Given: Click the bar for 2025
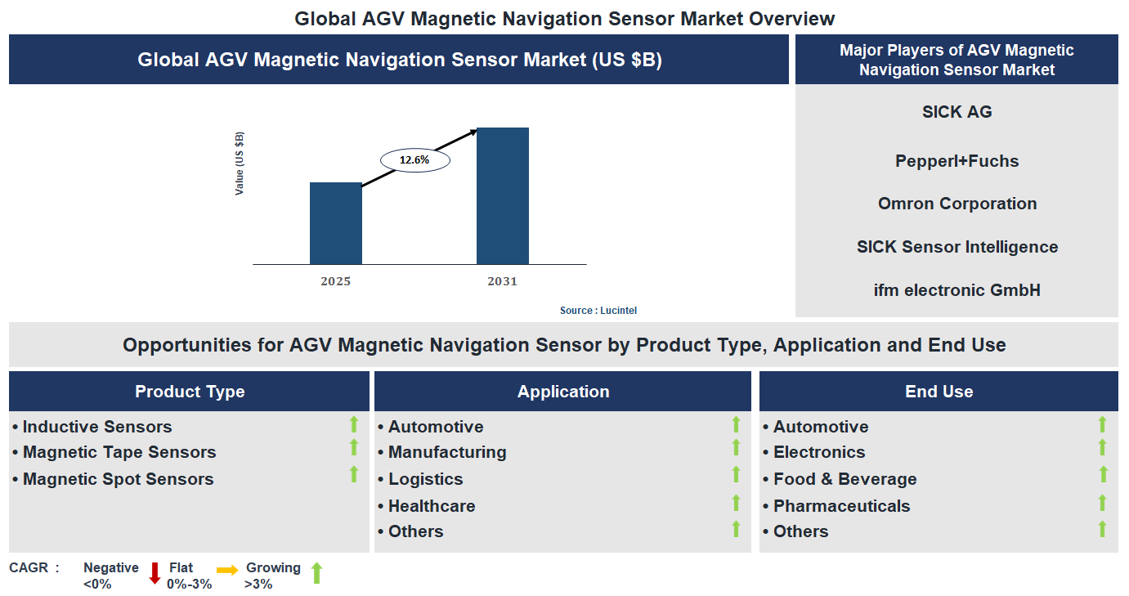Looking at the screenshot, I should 335,223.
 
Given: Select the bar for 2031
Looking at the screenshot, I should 502,196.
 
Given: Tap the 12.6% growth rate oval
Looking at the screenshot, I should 415,160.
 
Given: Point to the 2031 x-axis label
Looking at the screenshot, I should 502,281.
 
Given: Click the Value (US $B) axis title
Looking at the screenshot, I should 240,164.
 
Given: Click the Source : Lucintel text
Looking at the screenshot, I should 598,311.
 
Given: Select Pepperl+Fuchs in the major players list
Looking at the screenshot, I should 957,161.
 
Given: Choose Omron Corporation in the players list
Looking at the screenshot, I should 957,204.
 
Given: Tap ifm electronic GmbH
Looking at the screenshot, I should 957,289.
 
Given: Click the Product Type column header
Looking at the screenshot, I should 190,392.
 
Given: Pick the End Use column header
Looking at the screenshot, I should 939,392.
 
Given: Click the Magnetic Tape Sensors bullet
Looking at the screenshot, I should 119,452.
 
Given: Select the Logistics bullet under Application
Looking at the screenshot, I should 425,479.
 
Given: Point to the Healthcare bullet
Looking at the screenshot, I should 431,506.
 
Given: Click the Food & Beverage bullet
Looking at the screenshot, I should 845,479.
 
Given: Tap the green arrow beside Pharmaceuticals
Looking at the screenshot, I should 1102,503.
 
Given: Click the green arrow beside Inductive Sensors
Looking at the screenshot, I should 354,423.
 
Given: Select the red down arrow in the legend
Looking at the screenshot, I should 155,573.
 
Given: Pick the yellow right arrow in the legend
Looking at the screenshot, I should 227,570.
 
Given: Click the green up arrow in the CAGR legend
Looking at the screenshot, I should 316,573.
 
